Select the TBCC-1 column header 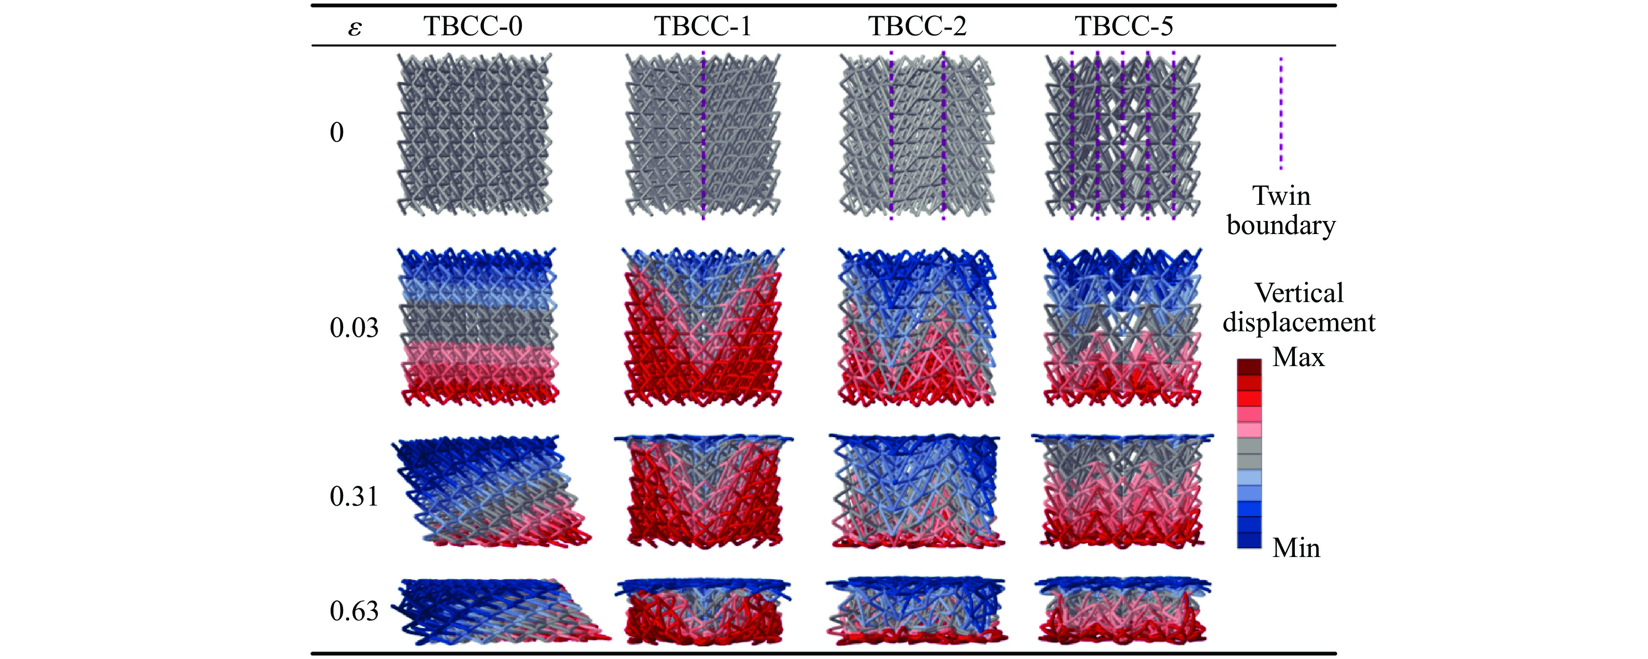[x=702, y=26]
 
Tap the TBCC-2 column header [x=917, y=26]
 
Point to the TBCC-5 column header [x=1124, y=26]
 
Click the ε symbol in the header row [x=354, y=28]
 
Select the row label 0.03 [x=354, y=328]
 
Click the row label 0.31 [x=354, y=496]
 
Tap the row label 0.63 [x=354, y=611]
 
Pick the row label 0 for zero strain [x=337, y=132]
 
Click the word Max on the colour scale [x=1298, y=357]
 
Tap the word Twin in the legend [x=1281, y=196]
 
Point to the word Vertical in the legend [x=1299, y=293]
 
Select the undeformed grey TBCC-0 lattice [x=474, y=134]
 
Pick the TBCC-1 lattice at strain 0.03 [x=702, y=327]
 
